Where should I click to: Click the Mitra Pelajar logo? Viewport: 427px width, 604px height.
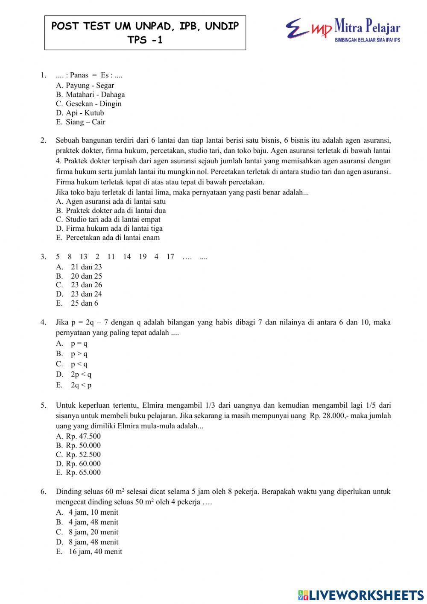tap(343, 29)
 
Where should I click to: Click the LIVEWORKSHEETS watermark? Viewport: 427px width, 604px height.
tap(361, 595)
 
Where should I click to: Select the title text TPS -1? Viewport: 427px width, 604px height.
tap(145, 40)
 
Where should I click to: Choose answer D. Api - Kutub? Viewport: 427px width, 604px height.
tap(80, 113)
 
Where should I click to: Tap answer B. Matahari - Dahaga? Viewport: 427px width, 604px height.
tap(90, 94)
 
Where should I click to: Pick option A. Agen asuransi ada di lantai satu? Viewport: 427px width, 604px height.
tap(111, 201)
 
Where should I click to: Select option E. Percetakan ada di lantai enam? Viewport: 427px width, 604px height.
tap(108, 238)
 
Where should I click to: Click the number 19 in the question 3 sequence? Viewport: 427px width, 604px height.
tap(143, 256)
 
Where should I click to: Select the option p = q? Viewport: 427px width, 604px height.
tap(79, 343)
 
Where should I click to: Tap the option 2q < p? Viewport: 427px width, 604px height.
tap(81, 385)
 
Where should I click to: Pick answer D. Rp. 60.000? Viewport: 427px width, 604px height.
tap(79, 463)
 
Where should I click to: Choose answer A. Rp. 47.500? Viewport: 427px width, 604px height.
tap(79, 436)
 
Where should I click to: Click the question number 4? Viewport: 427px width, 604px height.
tap(43, 322)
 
